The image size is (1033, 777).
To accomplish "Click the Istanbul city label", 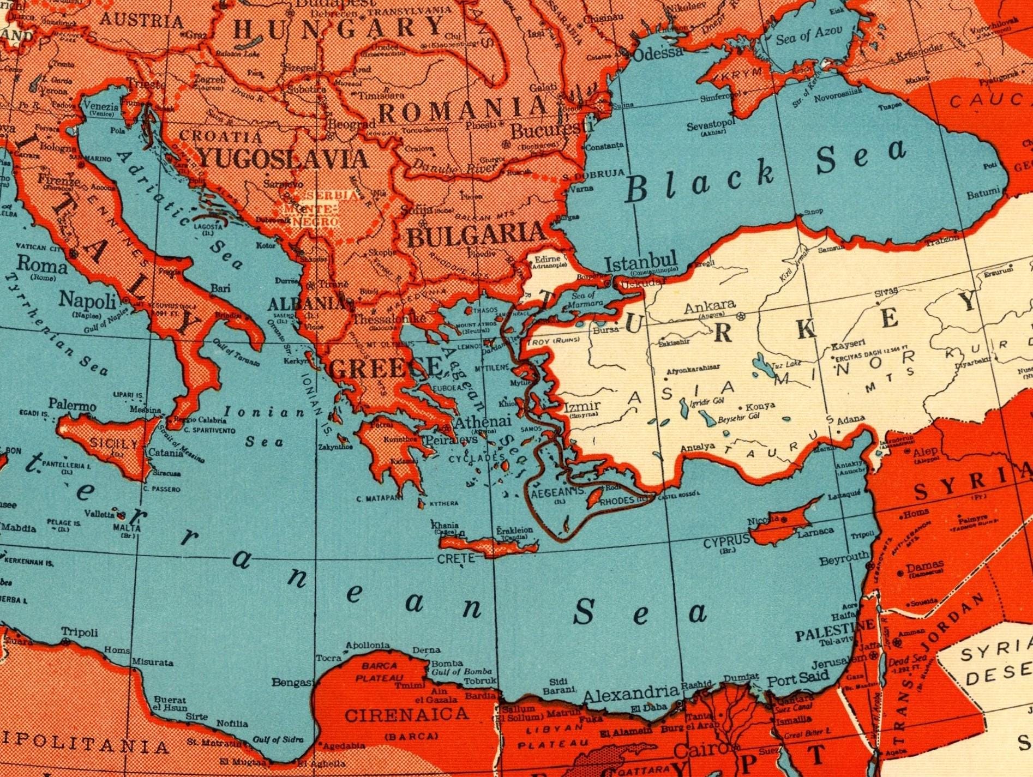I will pyautogui.click(x=641, y=262).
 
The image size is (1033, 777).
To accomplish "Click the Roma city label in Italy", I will pyautogui.click(x=43, y=265).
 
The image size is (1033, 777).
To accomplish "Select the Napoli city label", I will pyautogui.click(x=88, y=299).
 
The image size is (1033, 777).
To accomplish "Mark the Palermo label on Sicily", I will pyautogui.click(x=72, y=405).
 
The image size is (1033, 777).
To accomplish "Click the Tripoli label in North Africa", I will pyautogui.click(x=80, y=632).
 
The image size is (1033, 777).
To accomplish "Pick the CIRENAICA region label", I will pyautogui.click(x=407, y=714).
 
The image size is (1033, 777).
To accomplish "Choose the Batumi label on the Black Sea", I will pyautogui.click(x=983, y=192).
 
